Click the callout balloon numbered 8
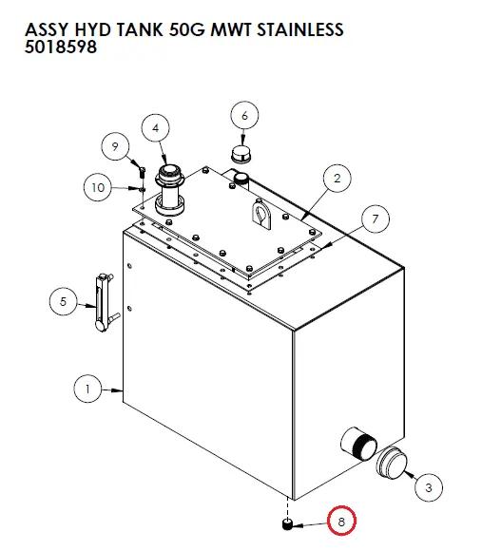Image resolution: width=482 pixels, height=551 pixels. (341, 522)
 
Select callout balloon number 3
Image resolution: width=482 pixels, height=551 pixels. (429, 487)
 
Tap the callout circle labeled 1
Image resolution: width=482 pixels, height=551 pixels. (87, 389)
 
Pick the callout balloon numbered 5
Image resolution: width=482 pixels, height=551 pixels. (64, 301)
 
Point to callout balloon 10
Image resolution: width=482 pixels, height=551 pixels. (98, 187)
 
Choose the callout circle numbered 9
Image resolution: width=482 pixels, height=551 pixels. (115, 146)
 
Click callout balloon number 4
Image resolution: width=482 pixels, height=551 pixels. (155, 128)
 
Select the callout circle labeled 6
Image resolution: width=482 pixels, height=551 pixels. (244, 115)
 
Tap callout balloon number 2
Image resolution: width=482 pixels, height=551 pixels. (337, 179)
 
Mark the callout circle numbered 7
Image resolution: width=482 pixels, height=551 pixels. (376, 218)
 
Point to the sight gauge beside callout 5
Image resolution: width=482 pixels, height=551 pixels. (105, 303)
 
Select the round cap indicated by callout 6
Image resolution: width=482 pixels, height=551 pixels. (241, 154)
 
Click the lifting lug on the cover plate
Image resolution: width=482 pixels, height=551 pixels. (261, 214)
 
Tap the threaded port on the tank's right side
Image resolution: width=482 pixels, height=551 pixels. (358, 444)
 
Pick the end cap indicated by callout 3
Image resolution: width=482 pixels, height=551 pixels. (392, 463)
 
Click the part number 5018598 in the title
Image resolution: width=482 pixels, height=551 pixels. (61, 47)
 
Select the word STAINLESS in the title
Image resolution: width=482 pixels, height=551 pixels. (300, 29)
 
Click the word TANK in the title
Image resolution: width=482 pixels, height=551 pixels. (140, 29)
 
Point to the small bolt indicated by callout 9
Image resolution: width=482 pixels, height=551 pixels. (142, 172)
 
